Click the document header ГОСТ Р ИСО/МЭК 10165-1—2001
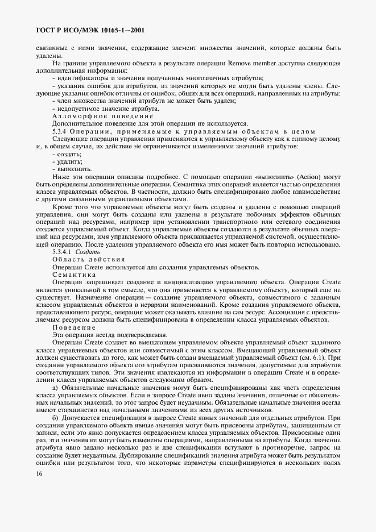click(x=88, y=28)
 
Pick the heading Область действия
click(x=86, y=259)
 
